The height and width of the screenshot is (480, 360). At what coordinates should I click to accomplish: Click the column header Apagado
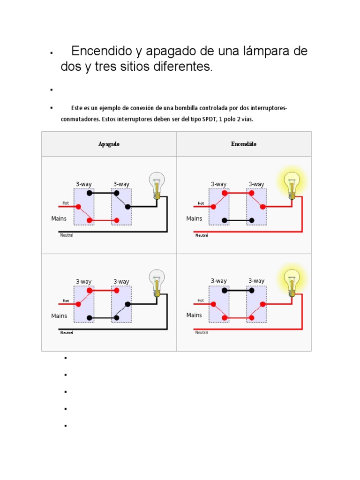(x=109, y=144)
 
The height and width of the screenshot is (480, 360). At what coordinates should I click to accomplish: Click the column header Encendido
(x=244, y=144)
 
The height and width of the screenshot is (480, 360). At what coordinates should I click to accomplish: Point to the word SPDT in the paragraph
(x=209, y=119)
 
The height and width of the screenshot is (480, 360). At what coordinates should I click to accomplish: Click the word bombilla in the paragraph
(x=186, y=108)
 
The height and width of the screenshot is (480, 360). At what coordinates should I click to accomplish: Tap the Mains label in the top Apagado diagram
(x=59, y=218)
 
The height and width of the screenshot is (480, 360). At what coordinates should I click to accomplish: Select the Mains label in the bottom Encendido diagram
(x=194, y=315)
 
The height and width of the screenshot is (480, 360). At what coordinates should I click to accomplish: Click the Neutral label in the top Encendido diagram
(x=202, y=235)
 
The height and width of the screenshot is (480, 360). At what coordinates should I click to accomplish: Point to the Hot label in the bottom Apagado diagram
(x=66, y=300)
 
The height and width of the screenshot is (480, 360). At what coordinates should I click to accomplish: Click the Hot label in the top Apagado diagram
(x=66, y=203)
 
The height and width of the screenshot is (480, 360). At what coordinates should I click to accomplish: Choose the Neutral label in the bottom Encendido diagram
(x=202, y=332)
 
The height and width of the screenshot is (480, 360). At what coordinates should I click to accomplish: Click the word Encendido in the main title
(x=102, y=51)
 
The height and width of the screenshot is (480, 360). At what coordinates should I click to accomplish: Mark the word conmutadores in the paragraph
(x=80, y=119)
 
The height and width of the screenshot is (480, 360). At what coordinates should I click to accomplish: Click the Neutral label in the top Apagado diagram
(x=67, y=235)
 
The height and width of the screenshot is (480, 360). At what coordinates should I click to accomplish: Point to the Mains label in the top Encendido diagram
(x=194, y=218)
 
